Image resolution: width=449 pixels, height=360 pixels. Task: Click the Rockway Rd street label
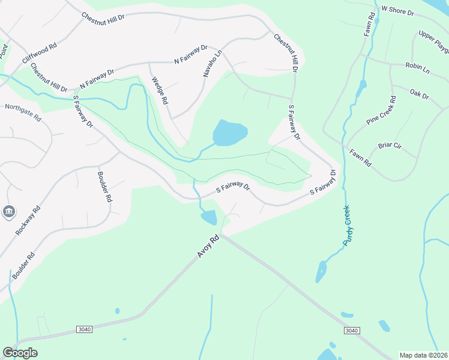(28, 220)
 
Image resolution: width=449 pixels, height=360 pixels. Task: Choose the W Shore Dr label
(398, 11)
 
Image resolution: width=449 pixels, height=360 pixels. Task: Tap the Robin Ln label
(418, 68)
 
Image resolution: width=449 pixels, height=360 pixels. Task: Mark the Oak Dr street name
(419, 94)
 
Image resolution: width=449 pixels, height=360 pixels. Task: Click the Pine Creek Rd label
(381, 110)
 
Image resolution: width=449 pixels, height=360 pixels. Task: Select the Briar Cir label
(389, 146)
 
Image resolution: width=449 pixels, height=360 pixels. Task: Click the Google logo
(20, 353)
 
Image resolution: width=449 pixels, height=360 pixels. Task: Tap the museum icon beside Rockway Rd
(10, 211)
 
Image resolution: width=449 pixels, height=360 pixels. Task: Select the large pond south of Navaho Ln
(230, 133)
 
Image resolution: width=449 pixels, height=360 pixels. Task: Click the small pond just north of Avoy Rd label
(209, 217)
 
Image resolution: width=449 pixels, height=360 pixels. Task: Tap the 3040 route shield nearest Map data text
(352, 331)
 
